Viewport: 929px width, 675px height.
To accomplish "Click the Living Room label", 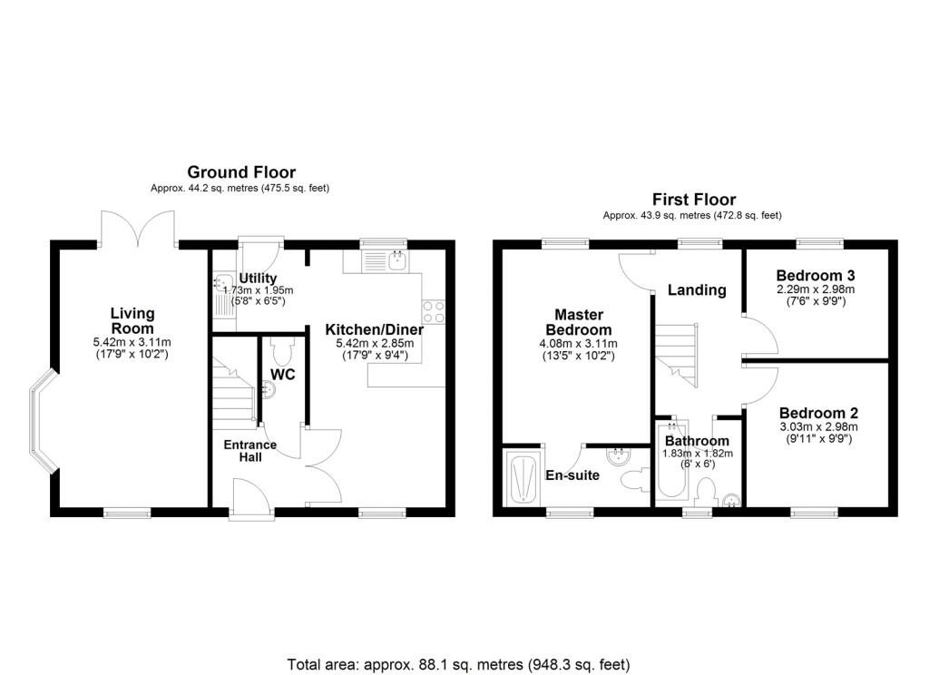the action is [x=132, y=320].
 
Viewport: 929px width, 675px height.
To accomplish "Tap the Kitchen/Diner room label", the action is [x=375, y=329].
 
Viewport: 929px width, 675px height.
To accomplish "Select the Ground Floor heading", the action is [x=241, y=172].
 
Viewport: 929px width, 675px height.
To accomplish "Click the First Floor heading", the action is [x=694, y=200].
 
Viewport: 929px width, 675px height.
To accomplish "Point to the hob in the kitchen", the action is [x=433, y=312].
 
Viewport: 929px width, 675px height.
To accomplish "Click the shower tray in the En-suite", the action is [x=522, y=478].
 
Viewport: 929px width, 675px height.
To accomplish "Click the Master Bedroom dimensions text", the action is [x=578, y=349].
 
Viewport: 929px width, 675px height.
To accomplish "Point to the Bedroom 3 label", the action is [x=816, y=276].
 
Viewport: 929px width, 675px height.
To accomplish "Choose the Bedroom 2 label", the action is [x=819, y=413].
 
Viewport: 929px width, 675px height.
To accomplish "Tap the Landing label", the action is [x=697, y=289].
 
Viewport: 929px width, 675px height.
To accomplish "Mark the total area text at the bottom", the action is [x=458, y=665].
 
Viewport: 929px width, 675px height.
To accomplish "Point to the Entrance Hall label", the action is [x=250, y=451].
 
